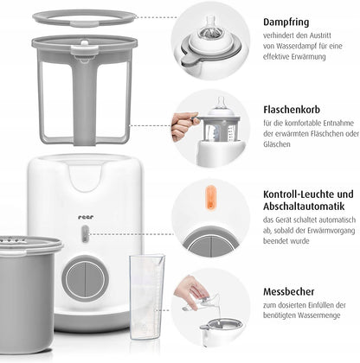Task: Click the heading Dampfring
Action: coord(286,22)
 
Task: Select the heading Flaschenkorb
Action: coord(292,110)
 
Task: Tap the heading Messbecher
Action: coord(288,291)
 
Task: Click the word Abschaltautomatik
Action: coord(304,207)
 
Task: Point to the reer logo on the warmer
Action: coord(86,217)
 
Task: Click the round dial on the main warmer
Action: coord(85,279)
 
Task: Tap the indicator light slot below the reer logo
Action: coord(85,233)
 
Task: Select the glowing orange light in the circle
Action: coord(210,198)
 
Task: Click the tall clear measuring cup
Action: coord(146,296)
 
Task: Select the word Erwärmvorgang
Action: coord(331,231)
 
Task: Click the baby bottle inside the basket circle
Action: coord(222,123)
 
